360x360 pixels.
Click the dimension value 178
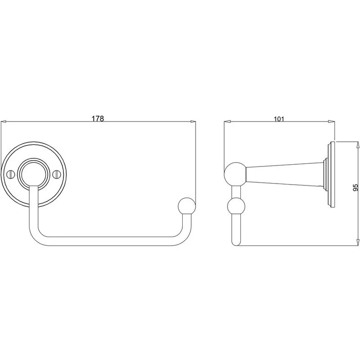[98, 118]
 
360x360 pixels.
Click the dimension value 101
[279, 119]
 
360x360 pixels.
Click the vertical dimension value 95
[355, 187]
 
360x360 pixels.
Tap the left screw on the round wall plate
[10, 175]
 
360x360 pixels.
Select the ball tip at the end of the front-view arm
[187, 206]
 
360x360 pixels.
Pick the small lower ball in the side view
[236, 206]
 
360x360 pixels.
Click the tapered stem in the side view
[285, 174]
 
